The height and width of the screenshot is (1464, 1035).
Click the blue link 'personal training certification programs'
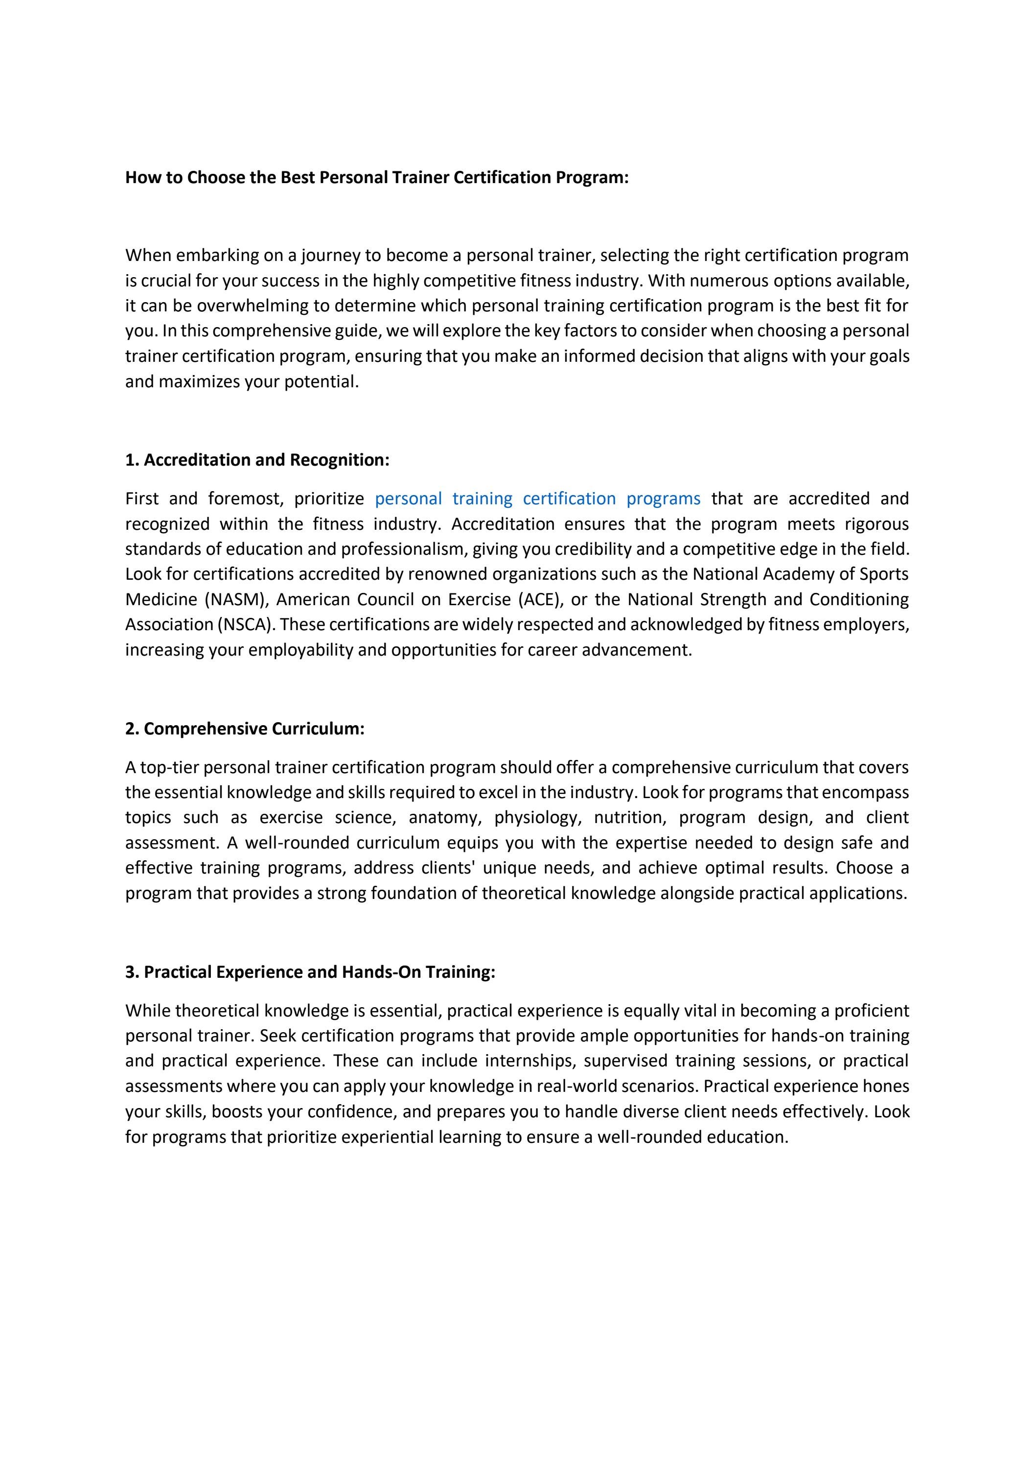[537, 498]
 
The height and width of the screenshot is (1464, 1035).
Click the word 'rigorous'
[876, 524]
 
